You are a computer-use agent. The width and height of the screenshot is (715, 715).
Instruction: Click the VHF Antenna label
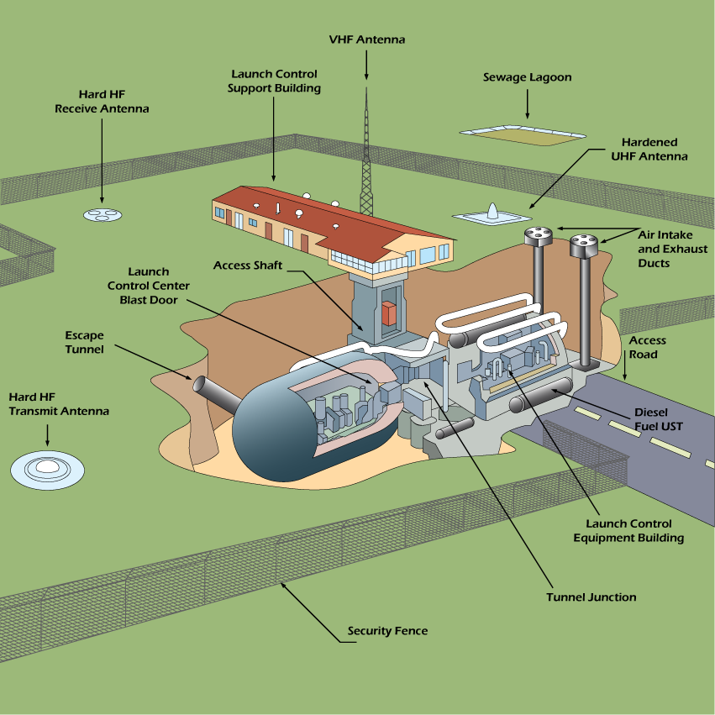pos(366,39)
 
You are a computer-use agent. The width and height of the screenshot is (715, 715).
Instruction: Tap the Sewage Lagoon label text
pos(527,77)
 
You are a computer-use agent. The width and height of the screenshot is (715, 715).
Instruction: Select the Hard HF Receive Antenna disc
pos(103,214)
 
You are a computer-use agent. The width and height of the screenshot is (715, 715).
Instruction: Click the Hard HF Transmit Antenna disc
pos(48,467)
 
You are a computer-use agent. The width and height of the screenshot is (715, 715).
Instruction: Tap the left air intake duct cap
pos(537,236)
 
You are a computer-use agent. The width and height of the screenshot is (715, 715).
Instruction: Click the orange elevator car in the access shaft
pos(388,313)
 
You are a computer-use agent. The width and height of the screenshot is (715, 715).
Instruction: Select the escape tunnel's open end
pos(201,386)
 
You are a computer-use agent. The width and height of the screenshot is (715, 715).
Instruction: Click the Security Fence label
pos(387,630)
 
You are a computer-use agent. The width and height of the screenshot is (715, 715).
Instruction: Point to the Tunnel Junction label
pos(591,597)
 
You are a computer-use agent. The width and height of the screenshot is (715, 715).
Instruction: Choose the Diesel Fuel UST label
pos(658,419)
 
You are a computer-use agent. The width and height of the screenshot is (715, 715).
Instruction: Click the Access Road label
pos(647,347)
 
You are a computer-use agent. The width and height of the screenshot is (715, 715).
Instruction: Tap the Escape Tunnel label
pos(84,342)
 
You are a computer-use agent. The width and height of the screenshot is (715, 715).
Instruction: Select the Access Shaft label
pos(247,265)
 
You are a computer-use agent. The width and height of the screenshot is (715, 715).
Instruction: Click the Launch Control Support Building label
pos(274,81)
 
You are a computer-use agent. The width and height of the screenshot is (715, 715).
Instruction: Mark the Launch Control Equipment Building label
pos(628,531)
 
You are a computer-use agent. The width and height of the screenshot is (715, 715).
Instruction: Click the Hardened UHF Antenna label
pos(649,150)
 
